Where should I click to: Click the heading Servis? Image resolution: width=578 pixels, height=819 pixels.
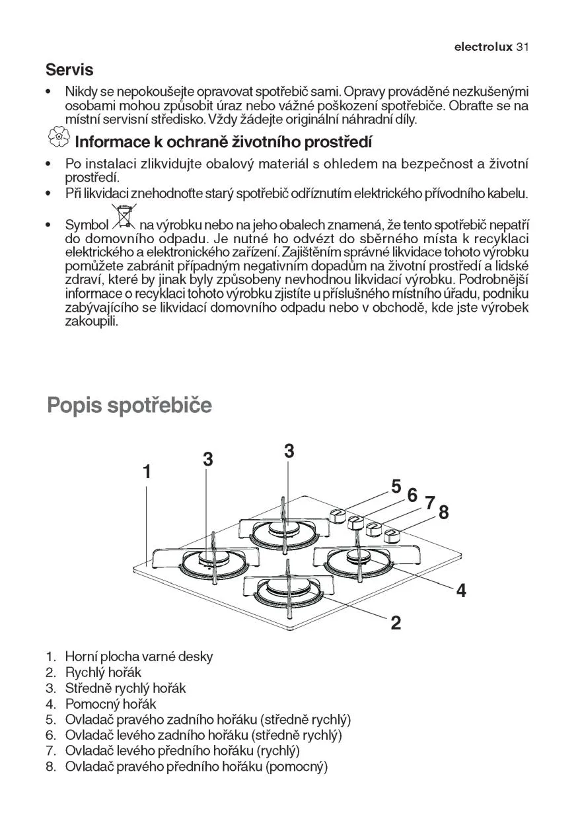(x=69, y=69)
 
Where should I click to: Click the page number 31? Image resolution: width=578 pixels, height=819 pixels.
(x=524, y=48)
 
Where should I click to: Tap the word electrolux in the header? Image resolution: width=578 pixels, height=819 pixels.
(x=483, y=48)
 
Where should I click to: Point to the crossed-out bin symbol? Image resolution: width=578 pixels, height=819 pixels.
(x=124, y=217)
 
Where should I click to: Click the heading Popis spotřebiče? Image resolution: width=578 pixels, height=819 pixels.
(x=129, y=404)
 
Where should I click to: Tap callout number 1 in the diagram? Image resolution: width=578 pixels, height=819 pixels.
(x=147, y=472)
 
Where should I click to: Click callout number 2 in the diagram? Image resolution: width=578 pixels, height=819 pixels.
(x=396, y=622)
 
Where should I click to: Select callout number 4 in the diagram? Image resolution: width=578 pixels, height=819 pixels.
(x=461, y=590)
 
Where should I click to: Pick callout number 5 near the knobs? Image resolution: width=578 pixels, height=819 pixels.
(x=396, y=487)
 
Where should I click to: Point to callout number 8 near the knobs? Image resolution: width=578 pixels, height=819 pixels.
(x=443, y=512)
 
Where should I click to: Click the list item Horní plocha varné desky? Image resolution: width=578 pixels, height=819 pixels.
(x=139, y=657)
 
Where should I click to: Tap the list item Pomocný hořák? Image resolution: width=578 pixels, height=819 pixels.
(x=110, y=704)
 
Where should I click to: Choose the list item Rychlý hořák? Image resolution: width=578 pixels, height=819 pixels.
(x=103, y=672)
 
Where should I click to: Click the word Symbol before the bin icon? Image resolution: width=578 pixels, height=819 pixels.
(x=87, y=225)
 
